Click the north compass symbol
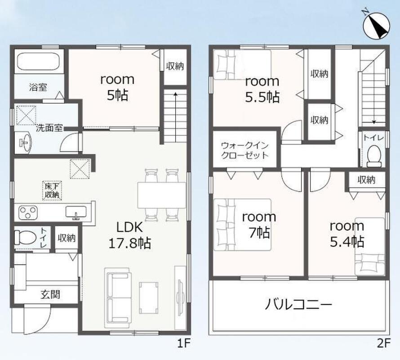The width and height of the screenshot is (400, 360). (x=377, y=25)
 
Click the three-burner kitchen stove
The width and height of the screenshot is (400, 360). (x=28, y=212)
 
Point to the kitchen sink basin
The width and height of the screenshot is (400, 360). (x=76, y=212)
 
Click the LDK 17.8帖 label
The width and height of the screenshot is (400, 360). (x=129, y=235)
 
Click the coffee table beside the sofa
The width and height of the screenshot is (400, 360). (x=148, y=297)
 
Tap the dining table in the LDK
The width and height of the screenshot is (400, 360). (x=162, y=195)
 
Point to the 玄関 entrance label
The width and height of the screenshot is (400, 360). (x=50, y=295)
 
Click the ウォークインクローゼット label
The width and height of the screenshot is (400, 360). (x=245, y=150)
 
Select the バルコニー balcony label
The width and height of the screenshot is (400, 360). (x=298, y=305)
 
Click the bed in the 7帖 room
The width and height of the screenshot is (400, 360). (x=242, y=225)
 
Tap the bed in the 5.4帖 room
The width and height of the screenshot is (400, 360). (x=369, y=246)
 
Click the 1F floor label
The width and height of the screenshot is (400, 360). (x=184, y=343)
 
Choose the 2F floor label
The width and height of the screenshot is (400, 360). (x=384, y=343)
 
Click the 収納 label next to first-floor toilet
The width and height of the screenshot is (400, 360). (x=67, y=238)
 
